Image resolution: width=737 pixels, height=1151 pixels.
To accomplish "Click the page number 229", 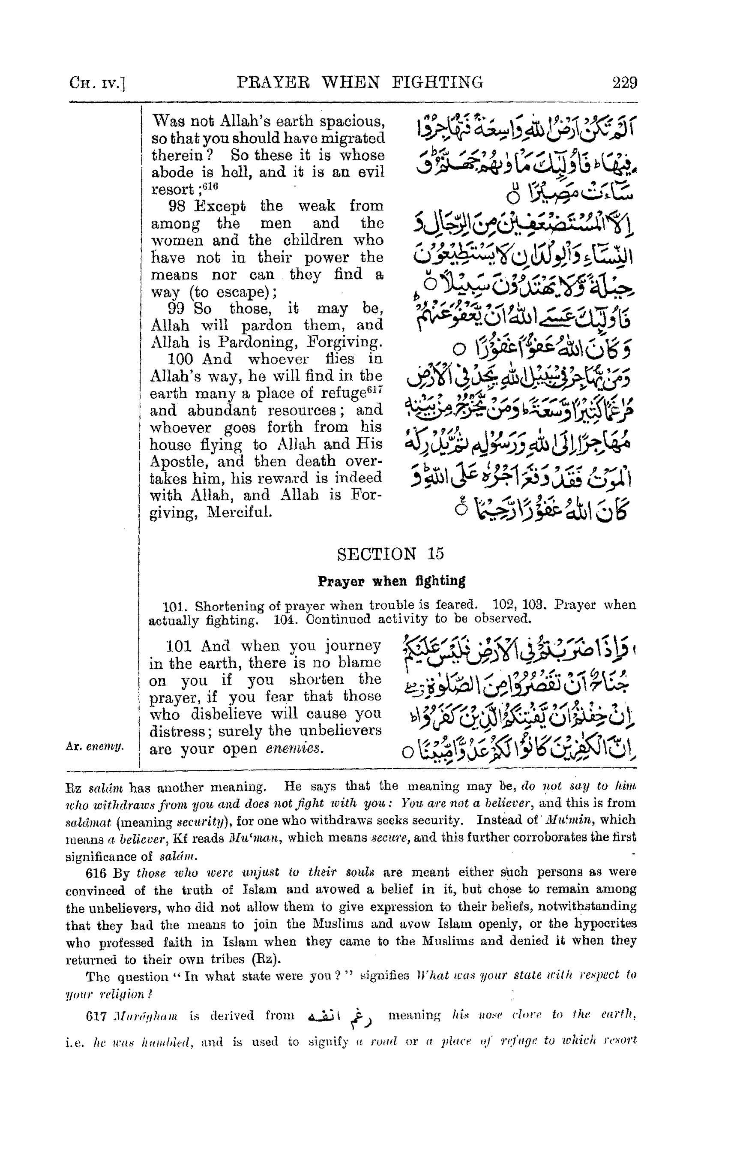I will pos(625,83).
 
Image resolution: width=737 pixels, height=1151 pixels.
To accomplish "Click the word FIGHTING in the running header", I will pos(437,82).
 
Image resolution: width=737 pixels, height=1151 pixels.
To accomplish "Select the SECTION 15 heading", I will pos(390,554).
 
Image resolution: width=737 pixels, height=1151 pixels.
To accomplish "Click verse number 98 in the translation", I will pos(177,206).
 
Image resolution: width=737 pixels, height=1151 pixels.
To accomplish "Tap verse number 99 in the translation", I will pos(176,308).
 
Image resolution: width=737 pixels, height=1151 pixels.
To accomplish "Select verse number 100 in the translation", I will pos(180,359).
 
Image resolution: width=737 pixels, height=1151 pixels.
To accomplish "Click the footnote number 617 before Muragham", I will pos(95,1016).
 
